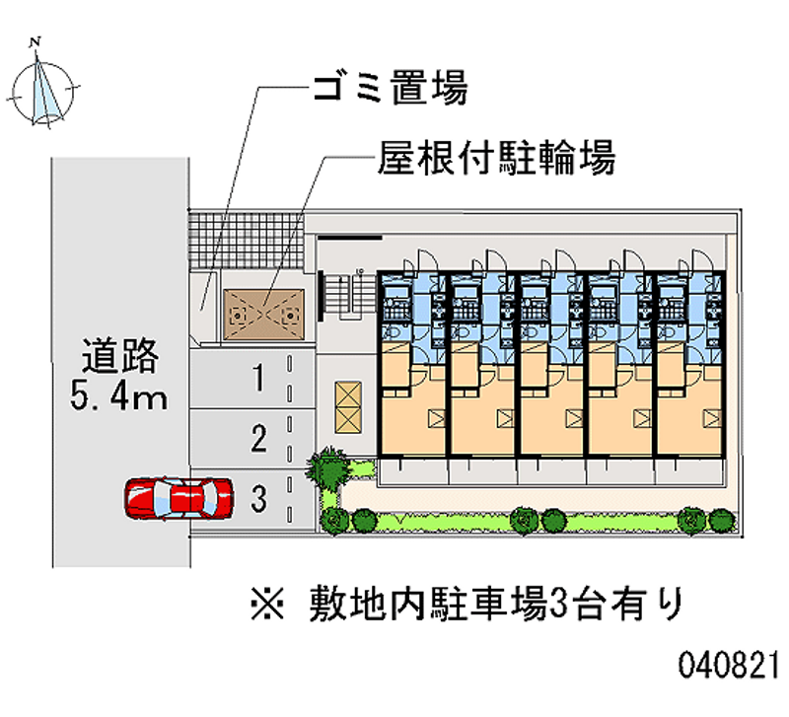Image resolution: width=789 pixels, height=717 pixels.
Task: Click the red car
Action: pyautogui.click(x=179, y=498)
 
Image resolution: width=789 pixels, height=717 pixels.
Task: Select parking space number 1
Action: pyautogui.click(x=252, y=379)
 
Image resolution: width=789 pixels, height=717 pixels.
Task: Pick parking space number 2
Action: pyautogui.click(x=252, y=438)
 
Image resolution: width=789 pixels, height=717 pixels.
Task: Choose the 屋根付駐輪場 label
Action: pyautogui.click(x=496, y=158)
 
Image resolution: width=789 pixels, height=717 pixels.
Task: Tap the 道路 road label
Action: pyautogui.click(x=119, y=356)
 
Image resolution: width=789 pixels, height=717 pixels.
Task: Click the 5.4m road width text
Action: pyautogui.click(x=118, y=396)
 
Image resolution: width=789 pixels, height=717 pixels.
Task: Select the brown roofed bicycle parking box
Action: pyautogui.click(x=263, y=315)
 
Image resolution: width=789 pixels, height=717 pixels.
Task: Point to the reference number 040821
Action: pyautogui.click(x=728, y=665)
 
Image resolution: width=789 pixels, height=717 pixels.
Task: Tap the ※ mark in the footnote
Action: pyautogui.click(x=267, y=604)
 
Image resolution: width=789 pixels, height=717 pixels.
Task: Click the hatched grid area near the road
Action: pyautogui.click(x=246, y=240)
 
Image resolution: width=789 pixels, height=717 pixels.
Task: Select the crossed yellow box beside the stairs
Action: pyautogui.click(x=348, y=407)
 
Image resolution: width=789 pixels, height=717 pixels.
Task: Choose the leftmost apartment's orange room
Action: pyautogui.click(x=412, y=402)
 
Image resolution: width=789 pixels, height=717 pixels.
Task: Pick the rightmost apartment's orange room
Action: pyautogui.click(x=688, y=402)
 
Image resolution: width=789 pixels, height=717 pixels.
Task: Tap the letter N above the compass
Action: pyautogui.click(x=35, y=42)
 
